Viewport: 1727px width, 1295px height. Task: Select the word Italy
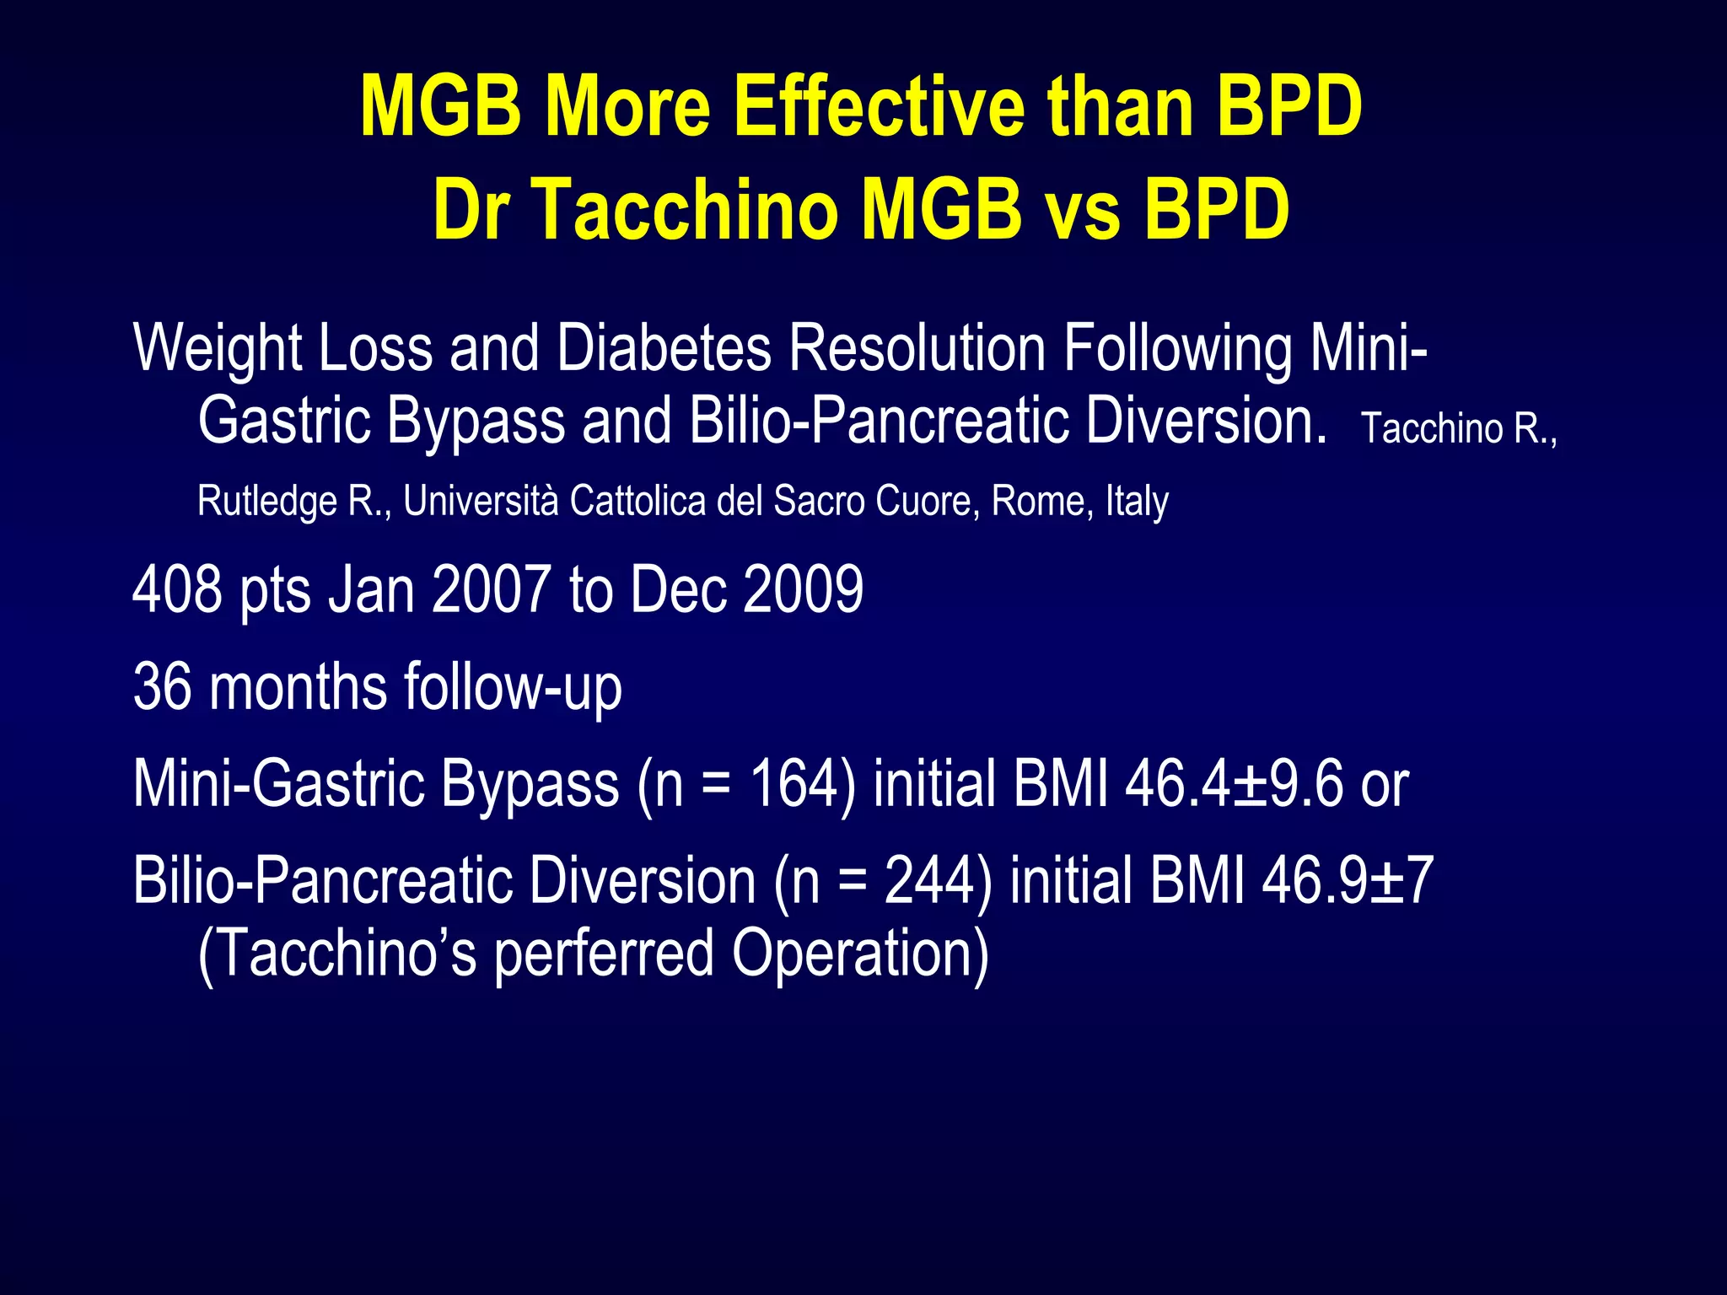pyautogui.click(x=1137, y=501)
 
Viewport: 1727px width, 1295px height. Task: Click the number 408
pyautogui.click(x=177, y=589)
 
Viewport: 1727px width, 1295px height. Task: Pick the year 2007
pyautogui.click(x=491, y=589)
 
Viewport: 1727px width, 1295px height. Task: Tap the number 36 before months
pyautogui.click(x=162, y=686)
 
